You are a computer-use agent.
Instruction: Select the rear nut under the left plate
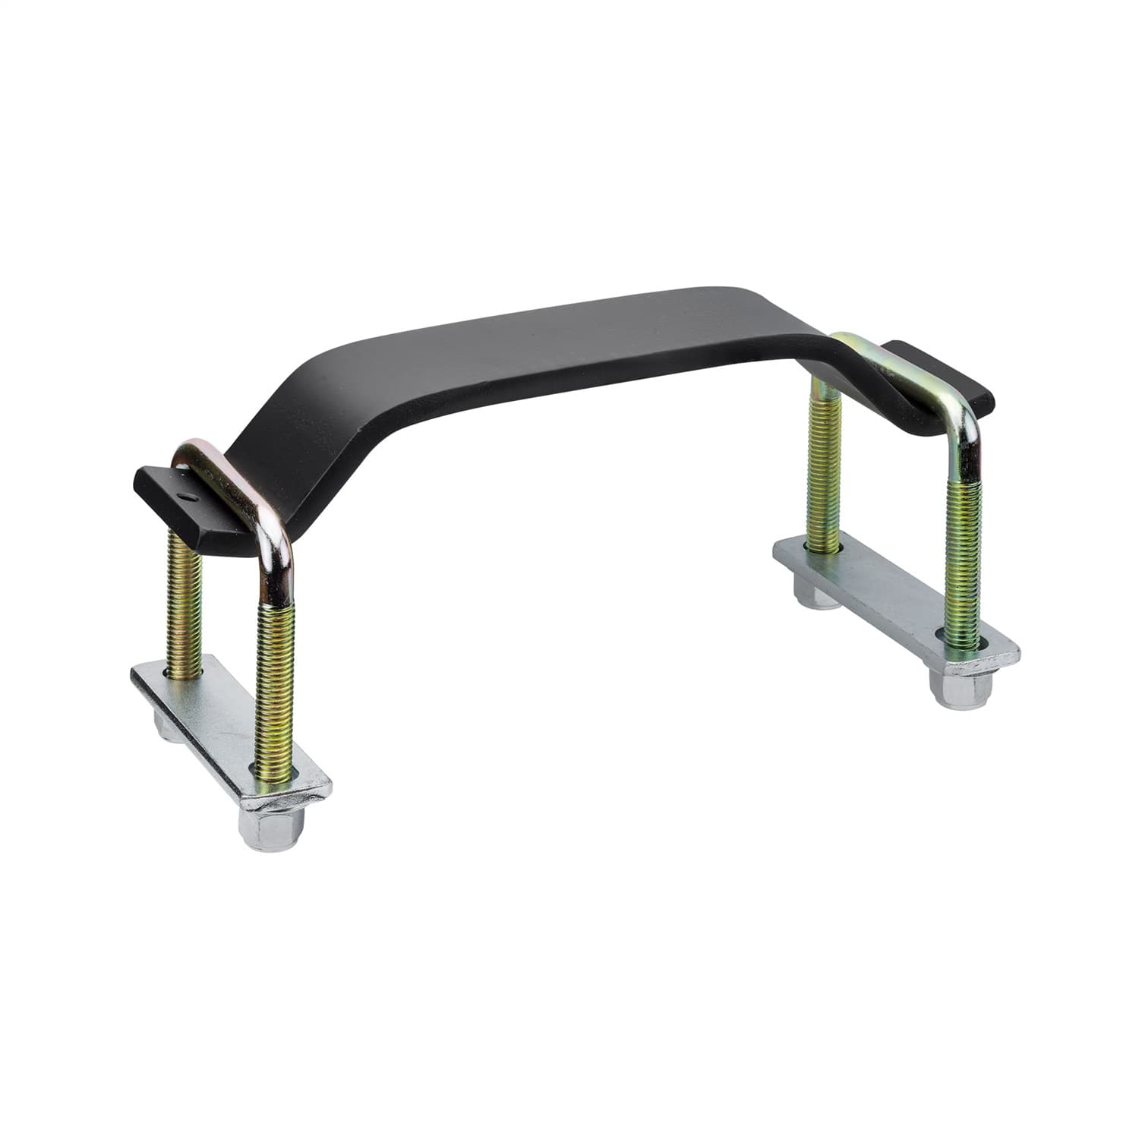[169, 724]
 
